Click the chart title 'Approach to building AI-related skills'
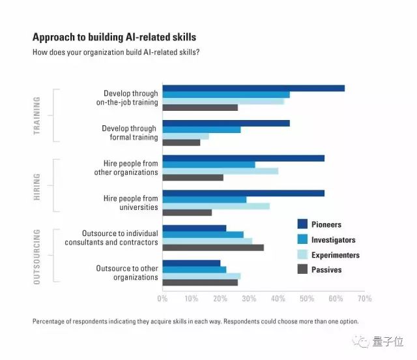pos(114,37)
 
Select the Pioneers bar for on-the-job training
pos(253,88)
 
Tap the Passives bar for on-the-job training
pos(200,108)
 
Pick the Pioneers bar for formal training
pos(226,123)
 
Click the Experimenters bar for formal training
pos(186,136)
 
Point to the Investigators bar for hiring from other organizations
pos(208,164)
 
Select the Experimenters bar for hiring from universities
pos(216,206)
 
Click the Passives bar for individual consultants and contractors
pos(213,247)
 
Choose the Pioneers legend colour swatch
pos(302,224)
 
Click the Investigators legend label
pos(334,240)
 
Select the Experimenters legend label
pos(335,255)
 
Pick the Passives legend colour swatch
pos(302,269)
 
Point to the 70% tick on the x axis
pos(365,299)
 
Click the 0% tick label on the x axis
pos(163,299)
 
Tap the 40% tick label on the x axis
pos(278,299)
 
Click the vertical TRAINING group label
pos(36,115)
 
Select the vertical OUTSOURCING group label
pos(36,256)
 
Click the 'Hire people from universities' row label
pos(130,203)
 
